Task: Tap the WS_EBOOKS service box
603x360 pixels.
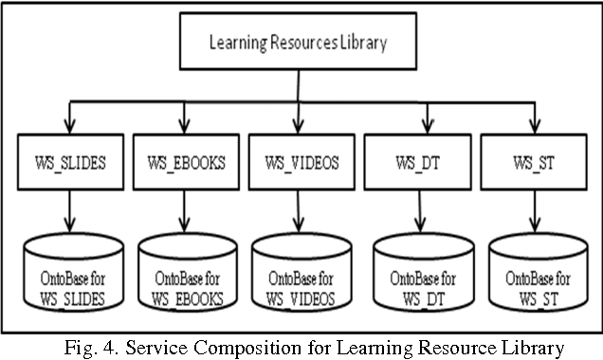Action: (x=185, y=161)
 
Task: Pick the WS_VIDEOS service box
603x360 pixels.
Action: (x=298, y=161)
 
